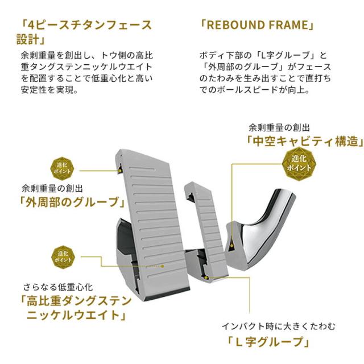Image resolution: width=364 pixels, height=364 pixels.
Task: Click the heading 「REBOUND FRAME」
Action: pos(257,24)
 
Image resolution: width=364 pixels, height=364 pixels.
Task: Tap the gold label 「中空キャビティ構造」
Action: pos(305,141)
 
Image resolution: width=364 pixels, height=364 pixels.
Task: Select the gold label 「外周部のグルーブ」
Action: pos(72,201)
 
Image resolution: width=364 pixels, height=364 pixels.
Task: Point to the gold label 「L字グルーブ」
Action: pos(268,342)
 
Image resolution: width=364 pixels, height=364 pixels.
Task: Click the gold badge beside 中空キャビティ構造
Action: pos(299,163)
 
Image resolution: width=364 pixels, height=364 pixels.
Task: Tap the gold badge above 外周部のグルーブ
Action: pos(62,168)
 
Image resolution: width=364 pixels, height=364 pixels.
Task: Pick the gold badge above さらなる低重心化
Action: pos(63,257)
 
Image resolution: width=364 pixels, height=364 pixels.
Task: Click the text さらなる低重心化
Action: pos(58,287)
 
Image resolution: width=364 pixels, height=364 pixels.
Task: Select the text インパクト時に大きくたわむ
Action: pos(279,326)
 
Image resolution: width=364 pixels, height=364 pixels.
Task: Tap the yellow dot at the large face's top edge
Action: pos(120,171)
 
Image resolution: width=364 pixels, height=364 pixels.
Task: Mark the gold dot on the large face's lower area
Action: pos(163,266)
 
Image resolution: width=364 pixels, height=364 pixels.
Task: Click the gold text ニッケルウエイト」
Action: pos(76,315)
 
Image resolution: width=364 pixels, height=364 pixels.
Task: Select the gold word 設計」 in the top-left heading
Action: pos(31,39)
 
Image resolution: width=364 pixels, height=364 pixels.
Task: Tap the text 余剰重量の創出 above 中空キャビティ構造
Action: pos(279,127)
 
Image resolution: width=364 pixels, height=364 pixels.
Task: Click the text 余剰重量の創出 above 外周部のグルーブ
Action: pos(52,188)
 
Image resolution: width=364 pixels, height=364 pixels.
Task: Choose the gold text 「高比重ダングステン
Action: pos(76,301)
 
